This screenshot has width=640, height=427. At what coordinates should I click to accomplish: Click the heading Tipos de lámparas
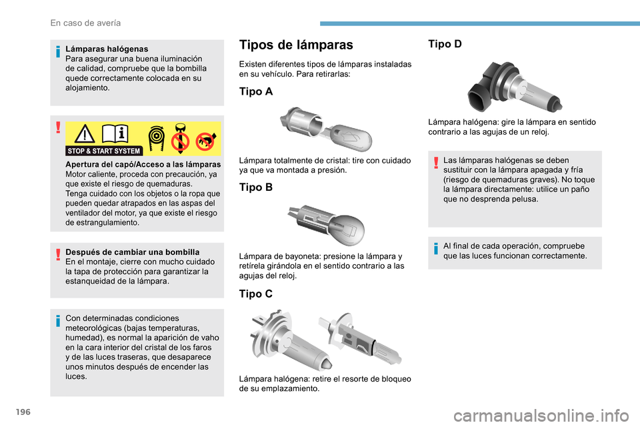296,45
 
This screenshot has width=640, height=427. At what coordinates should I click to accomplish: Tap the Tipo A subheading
256,92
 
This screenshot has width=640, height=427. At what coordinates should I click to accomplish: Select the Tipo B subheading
256,187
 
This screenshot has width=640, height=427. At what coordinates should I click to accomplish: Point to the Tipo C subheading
256,294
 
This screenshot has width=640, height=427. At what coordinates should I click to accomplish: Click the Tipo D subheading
445,44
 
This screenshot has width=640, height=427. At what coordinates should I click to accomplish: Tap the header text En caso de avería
85,23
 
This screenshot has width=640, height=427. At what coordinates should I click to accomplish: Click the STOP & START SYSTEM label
104,151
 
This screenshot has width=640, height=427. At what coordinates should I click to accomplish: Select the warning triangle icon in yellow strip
85,134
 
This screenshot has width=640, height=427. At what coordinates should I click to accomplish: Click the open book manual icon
116,134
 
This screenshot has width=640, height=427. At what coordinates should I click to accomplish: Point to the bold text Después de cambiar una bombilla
132,252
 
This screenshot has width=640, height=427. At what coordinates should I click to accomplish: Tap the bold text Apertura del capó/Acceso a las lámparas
143,164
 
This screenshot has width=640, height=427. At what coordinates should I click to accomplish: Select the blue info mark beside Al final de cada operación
435,248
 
